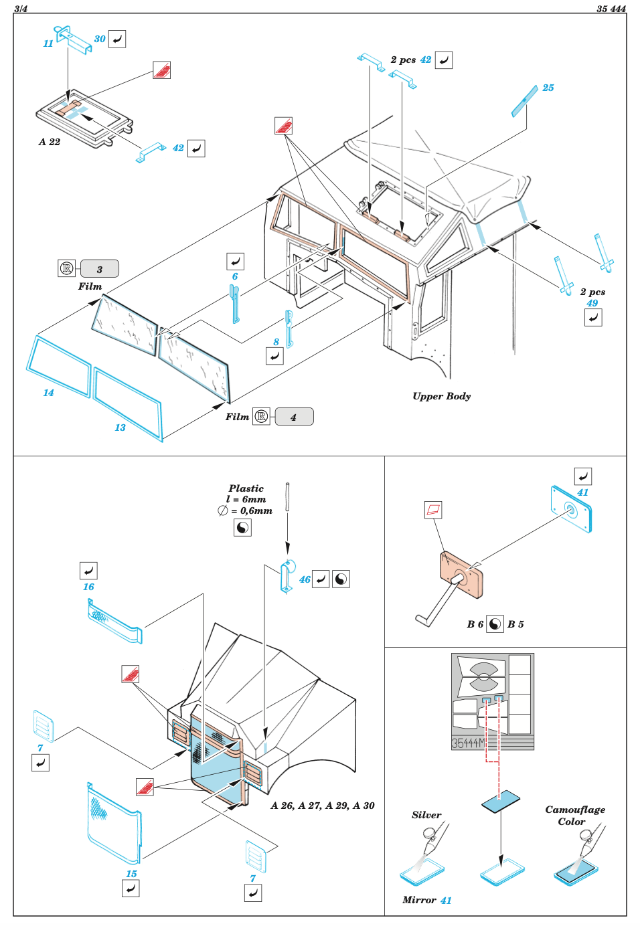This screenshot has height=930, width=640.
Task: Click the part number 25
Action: pos(548,88)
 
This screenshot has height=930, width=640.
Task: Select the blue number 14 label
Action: pos(48,393)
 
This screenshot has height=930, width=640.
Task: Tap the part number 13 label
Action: pos(120,428)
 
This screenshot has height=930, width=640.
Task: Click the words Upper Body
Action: pos(441,397)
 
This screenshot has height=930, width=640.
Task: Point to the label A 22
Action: pos(50,142)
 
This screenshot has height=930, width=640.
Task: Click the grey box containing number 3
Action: pos(100,268)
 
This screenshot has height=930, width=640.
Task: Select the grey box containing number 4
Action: pos(294,416)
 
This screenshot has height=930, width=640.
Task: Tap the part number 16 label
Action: pos(88,587)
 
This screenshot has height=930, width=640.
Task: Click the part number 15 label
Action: pos(131,874)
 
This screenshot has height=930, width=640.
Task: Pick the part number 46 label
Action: pos(305,579)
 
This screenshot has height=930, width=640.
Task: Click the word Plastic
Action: pos(246,488)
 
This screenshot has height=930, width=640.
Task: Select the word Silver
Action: pos(426,815)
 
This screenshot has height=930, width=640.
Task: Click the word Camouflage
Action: pos(575,810)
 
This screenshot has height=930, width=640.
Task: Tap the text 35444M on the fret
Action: pos(468,743)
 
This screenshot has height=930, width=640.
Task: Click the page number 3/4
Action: pos(20,9)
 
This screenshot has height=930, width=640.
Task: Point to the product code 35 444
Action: pos(611,9)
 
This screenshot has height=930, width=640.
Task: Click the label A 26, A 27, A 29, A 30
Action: pos(322,806)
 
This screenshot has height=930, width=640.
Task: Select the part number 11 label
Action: pos(48,43)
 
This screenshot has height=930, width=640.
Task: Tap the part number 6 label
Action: pos(235,276)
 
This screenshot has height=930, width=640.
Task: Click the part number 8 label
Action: pos(276,342)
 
